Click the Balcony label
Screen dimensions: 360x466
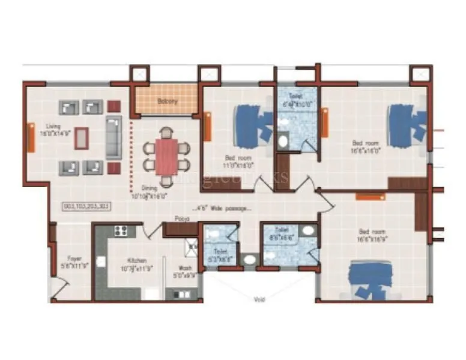(x=167, y=101)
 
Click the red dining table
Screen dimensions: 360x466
(x=166, y=156)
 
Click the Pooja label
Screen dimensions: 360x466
(x=182, y=219)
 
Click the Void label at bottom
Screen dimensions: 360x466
(x=259, y=298)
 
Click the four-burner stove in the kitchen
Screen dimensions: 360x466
(x=121, y=230)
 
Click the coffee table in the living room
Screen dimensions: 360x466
(x=81, y=139)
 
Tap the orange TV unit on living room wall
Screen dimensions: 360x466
(x=31, y=137)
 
